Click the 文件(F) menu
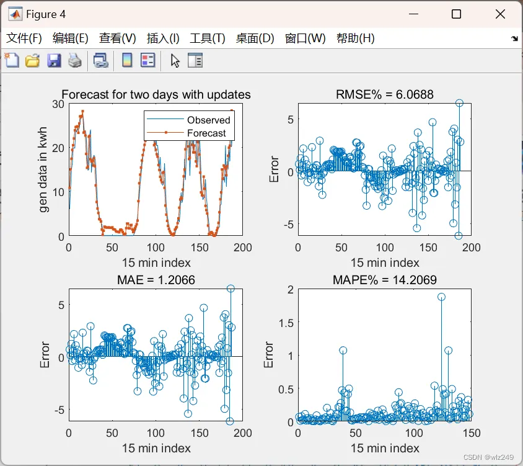tap(24, 38)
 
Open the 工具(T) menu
tap(208, 38)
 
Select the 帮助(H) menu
tap(355, 38)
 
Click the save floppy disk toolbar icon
tap(54, 61)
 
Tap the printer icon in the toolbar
tap(75, 61)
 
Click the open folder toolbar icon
tap(33, 61)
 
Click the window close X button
tap(500, 14)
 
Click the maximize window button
tap(456, 14)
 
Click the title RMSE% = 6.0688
tap(385, 94)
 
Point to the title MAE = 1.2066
tap(156, 280)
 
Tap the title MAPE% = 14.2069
tap(385, 280)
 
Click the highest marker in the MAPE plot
tap(441, 297)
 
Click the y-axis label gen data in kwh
tap(43, 169)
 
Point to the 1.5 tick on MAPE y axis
tap(286, 323)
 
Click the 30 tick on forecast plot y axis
tap(58, 104)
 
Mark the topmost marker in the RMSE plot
tap(459, 103)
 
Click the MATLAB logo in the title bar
tap(15, 14)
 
